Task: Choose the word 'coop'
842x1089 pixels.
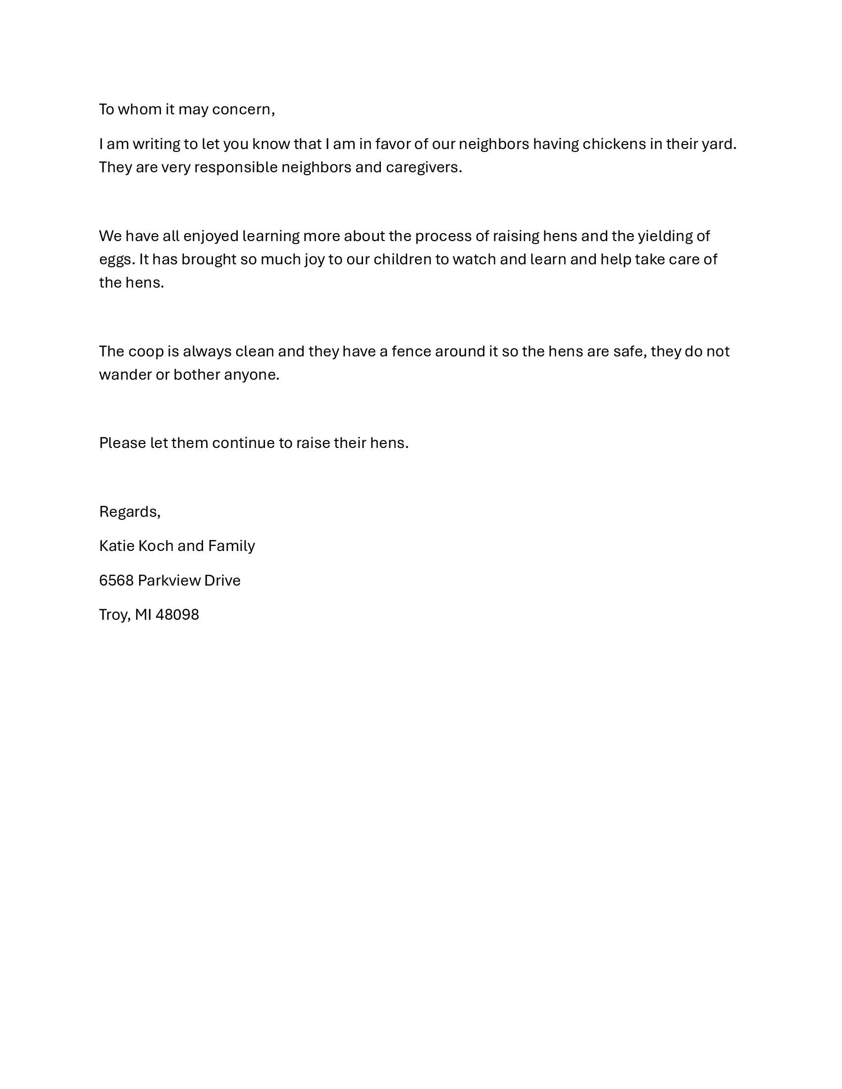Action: tap(146, 351)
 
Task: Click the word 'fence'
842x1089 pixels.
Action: tap(411, 351)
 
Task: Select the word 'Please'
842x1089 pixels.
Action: tap(123, 443)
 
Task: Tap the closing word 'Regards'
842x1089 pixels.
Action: tap(128, 512)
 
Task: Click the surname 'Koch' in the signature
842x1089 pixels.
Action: tap(156, 546)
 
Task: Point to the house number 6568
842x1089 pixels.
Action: tap(116, 581)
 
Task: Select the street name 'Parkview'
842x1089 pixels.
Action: tap(161, 581)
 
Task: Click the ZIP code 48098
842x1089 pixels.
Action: tap(177, 615)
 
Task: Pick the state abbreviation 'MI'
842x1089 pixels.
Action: tap(143, 615)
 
